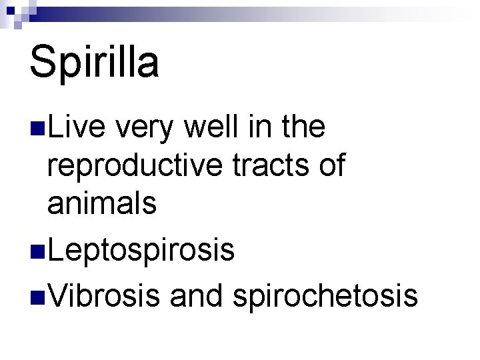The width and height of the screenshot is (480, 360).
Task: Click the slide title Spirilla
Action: pyautogui.click(x=94, y=62)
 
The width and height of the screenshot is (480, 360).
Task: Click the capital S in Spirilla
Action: pyautogui.click(x=42, y=62)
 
